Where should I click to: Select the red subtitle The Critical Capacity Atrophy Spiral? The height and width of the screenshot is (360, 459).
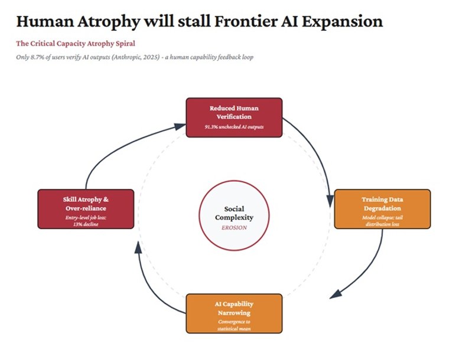click(76, 44)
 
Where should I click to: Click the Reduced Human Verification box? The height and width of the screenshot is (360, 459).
click(234, 117)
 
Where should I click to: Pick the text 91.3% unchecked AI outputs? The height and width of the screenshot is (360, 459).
click(234, 127)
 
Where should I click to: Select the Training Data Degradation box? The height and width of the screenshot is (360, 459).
click(382, 209)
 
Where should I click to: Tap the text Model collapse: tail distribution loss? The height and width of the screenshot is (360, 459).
click(382, 220)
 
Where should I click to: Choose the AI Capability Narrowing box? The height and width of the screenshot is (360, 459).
click(234, 313)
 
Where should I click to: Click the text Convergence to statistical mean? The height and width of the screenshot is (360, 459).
click(234, 325)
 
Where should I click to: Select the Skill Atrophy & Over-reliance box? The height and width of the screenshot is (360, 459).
click(86, 209)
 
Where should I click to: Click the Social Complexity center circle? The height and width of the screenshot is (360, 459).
click(234, 215)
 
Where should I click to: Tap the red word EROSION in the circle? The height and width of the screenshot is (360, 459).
click(234, 227)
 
